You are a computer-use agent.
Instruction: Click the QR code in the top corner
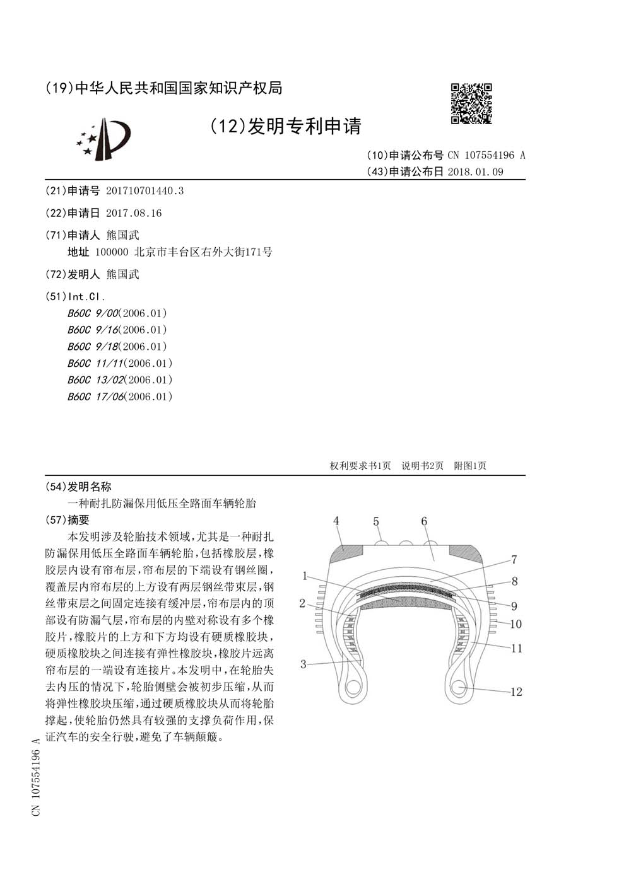click(471, 103)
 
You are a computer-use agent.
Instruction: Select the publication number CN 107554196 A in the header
click(486, 155)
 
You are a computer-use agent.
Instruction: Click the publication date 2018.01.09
click(475, 171)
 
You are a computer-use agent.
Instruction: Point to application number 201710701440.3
click(144, 190)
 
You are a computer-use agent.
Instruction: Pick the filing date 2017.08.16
click(134, 213)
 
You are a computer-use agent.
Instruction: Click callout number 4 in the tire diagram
click(336, 521)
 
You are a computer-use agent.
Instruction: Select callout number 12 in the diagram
click(516, 692)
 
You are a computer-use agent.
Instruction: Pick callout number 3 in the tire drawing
click(304, 664)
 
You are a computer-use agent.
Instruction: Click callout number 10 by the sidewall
click(516, 624)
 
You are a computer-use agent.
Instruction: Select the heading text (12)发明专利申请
click(285, 126)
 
